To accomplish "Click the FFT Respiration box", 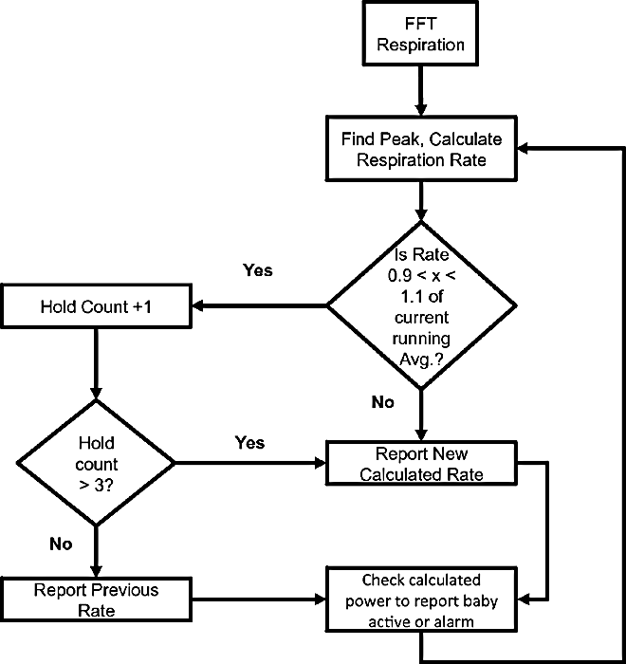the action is (420, 34).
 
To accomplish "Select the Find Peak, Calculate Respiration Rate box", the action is (421, 149).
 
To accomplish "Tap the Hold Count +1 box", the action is (96, 306).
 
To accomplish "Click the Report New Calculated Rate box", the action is (421, 463).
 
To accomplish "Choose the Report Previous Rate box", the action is (96, 599).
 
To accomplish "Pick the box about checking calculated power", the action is (421, 599).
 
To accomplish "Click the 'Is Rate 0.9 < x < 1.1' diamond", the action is (421, 305).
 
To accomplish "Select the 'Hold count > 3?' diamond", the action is (96, 463).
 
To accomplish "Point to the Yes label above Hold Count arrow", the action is (258, 270).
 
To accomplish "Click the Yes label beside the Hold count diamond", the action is (249, 443).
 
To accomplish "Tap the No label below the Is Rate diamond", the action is (382, 402).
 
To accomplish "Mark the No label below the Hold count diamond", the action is (61, 544).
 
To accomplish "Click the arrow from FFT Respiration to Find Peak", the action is (420, 91).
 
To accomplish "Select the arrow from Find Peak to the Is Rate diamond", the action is (420, 201).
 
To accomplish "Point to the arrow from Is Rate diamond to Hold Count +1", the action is (259, 305).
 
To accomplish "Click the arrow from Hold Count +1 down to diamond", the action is (96, 363).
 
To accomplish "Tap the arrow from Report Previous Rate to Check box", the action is (259, 599).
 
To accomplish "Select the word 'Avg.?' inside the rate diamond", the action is (421, 360).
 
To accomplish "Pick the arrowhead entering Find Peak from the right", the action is (523, 149).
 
